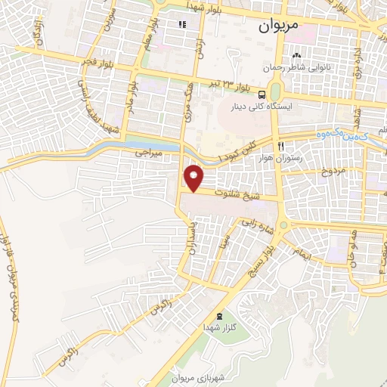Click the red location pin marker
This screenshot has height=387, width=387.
pyautogui.click(x=194, y=178)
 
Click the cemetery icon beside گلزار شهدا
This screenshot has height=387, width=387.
pyautogui.click(x=220, y=315)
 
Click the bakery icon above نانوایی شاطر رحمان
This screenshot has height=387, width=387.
pyautogui.click(x=296, y=56)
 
